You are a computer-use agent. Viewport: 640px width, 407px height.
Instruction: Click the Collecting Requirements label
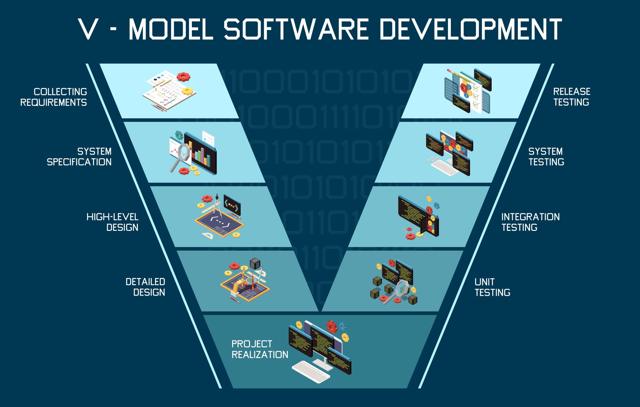pyautogui.click(x=54, y=97)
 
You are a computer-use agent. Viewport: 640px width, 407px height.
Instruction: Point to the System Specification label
pyautogui.click(x=79, y=156)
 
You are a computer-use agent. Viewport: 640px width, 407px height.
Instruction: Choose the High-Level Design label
pyautogui.click(x=112, y=222)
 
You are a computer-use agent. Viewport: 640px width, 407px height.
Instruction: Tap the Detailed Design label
pyautogui.click(x=145, y=287)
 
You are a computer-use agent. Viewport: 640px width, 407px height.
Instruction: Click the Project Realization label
pyautogui.click(x=259, y=349)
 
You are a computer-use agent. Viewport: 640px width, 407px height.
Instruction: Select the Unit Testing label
pyautogui.click(x=492, y=287)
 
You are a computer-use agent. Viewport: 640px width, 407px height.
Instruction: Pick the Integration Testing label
pyautogui.click(x=530, y=222)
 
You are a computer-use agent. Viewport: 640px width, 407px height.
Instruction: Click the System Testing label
pyautogui.click(x=546, y=156)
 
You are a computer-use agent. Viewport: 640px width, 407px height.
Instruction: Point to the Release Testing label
pyautogui.click(x=572, y=97)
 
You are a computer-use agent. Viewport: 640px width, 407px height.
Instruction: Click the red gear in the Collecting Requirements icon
pyautogui.click(x=183, y=77)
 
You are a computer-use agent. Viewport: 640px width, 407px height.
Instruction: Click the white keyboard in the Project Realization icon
pyautogui.click(x=311, y=371)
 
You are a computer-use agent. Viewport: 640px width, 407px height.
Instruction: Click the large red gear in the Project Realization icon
pyautogui.click(x=332, y=327)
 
